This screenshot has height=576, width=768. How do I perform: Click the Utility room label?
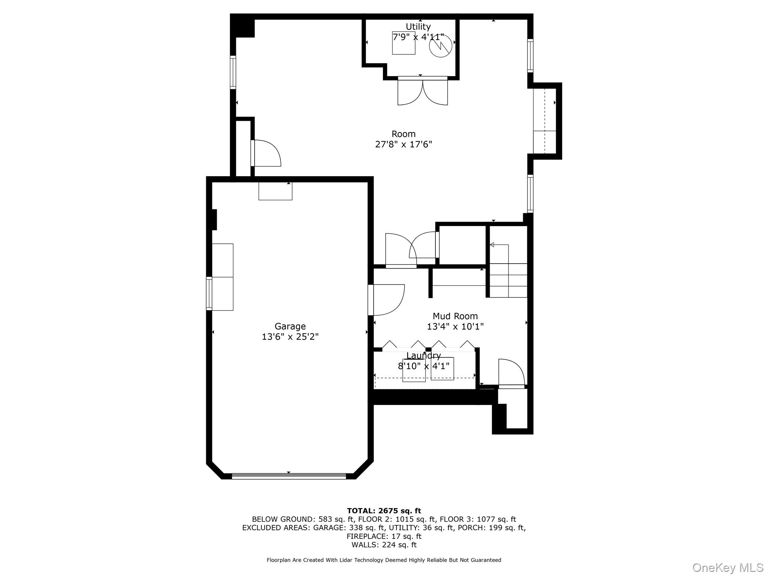(418, 27)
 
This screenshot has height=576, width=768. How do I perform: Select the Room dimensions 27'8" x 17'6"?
(403, 144)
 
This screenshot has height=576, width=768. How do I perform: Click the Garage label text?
(290, 326)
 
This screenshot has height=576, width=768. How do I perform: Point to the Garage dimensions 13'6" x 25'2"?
(290, 337)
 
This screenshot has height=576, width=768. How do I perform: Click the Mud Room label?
(455, 316)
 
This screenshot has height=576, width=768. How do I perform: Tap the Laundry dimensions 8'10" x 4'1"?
(423, 366)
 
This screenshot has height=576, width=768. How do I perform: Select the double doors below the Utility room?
(423, 92)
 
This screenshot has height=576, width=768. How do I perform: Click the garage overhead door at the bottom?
(289, 476)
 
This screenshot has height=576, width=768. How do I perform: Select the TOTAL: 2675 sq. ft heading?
(384, 511)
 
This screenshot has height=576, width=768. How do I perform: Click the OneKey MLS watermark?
(727, 567)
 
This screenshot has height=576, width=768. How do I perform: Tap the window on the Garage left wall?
(209, 294)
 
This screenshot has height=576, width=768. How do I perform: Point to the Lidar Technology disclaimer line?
(384, 560)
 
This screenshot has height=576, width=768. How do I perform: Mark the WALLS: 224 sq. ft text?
(384, 545)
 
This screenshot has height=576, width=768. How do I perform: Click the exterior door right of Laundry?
(511, 373)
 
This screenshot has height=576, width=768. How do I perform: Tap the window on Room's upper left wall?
(233, 72)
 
